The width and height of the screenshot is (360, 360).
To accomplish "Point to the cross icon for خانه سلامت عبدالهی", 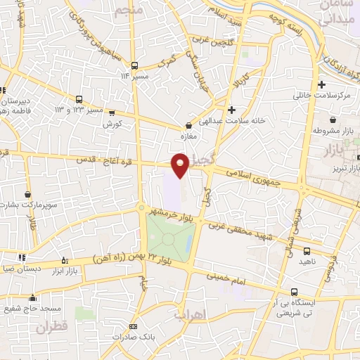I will point(232,110).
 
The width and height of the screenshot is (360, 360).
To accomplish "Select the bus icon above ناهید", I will point(307,251).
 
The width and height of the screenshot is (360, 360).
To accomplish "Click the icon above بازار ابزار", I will point(65,259).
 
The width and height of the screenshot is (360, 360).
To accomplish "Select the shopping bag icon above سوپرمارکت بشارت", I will point(27,194).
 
